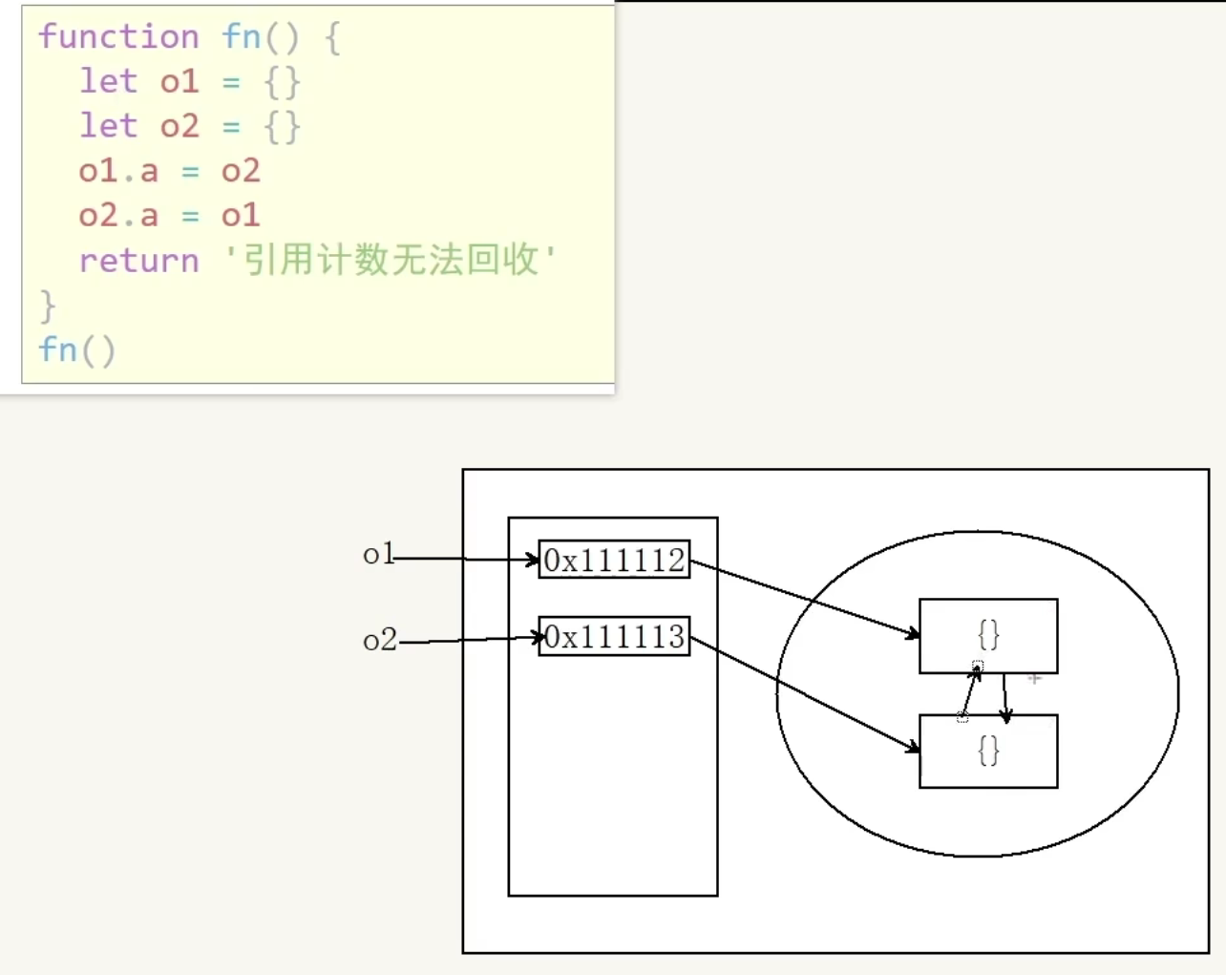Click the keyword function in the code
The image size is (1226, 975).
point(118,37)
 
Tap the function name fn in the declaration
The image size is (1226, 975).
point(241,37)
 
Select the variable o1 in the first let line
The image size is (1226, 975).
point(180,82)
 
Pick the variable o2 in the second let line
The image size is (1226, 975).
point(180,126)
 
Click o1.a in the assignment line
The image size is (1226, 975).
point(118,171)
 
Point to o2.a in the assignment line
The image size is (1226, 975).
point(118,216)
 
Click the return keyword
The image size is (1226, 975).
point(139,261)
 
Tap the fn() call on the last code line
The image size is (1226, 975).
point(76,350)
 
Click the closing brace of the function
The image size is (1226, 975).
point(48,306)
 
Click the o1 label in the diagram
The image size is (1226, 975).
point(378,554)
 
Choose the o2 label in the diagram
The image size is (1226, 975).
point(379,640)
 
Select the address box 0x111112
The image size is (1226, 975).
point(614,560)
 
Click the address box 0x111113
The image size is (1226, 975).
point(614,636)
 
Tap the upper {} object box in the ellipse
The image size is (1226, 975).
point(988,635)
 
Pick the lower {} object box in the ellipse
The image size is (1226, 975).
point(988,752)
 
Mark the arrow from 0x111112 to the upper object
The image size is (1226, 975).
point(804,598)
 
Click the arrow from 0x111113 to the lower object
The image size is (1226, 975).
point(804,694)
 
